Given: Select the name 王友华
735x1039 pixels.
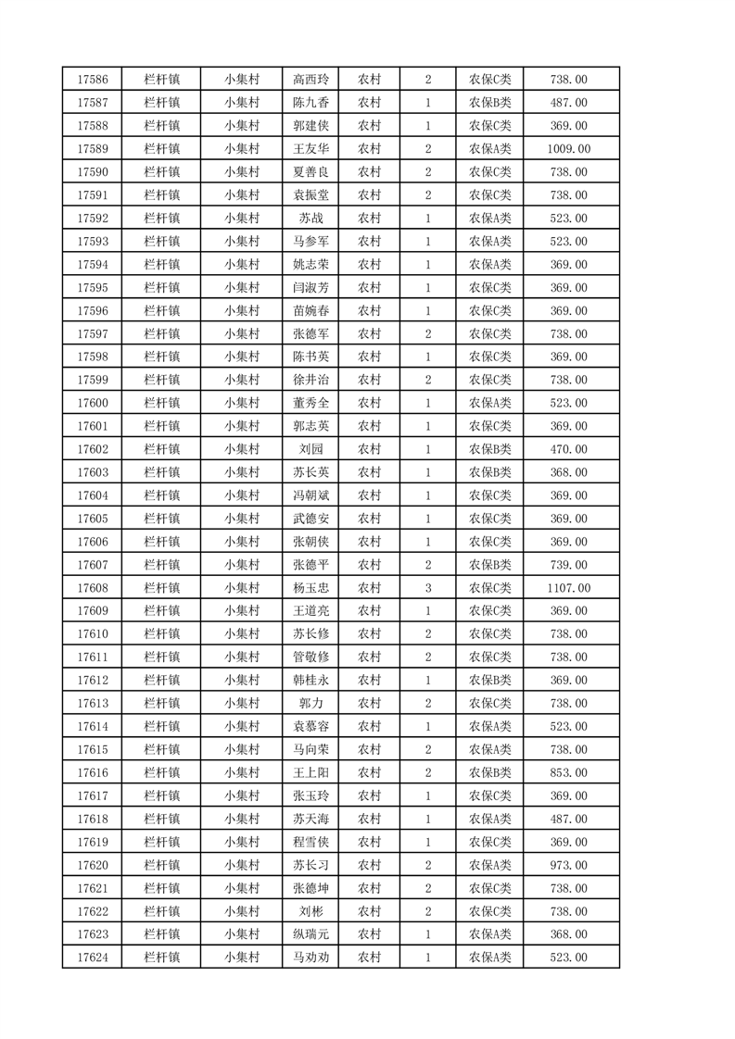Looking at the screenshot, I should click(x=310, y=149).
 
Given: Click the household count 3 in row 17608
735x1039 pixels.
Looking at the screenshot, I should click(x=428, y=588).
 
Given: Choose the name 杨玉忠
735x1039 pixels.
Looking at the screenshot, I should click(x=310, y=588).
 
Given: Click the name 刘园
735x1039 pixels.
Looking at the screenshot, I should click(x=310, y=449).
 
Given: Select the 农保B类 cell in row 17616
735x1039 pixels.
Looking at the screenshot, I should click(x=490, y=773).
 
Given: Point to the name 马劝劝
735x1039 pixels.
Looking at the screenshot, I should click(x=310, y=958).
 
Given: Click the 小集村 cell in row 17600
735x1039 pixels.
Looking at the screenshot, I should click(x=241, y=403).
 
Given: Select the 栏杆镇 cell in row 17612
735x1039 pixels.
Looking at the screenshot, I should click(x=162, y=681).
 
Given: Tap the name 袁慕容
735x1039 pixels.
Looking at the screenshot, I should click(x=310, y=727).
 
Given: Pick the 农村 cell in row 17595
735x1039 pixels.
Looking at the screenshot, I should click(x=369, y=288).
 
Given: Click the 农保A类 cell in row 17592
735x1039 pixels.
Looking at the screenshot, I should click(x=490, y=219).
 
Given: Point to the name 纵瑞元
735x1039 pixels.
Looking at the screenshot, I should click(x=310, y=935).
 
